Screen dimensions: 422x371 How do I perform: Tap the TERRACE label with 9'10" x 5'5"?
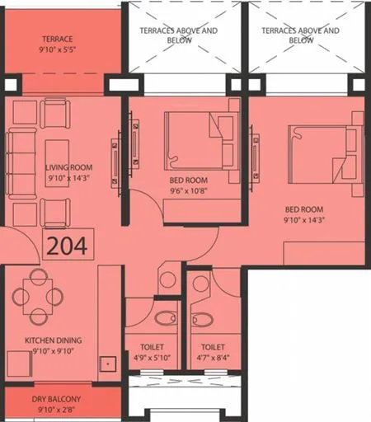[x=58, y=39]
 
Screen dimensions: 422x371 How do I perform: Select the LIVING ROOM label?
[x=68, y=166]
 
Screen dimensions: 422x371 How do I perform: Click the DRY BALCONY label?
[x=58, y=399]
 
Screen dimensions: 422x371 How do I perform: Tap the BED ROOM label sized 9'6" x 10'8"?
[x=189, y=180]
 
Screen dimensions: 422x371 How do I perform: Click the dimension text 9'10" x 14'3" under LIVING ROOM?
[x=68, y=177]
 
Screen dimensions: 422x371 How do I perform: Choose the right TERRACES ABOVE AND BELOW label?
[x=300, y=35]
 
